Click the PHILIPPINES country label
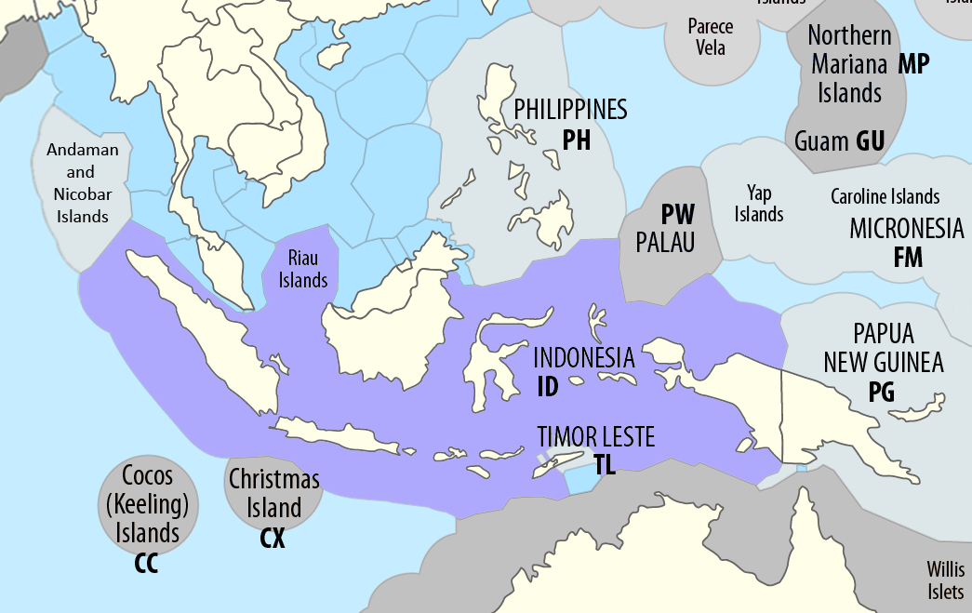[x=570, y=110]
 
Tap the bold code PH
[x=577, y=140]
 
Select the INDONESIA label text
[x=583, y=358]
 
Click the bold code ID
[x=548, y=386]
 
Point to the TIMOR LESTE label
[x=596, y=436]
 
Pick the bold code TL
[x=605, y=465]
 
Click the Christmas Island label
[x=274, y=494]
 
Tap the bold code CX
[x=272, y=539]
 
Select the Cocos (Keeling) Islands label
[x=148, y=504]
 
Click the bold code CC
[x=146, y=564]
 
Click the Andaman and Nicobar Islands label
[x=81, y=182]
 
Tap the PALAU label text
[x=666, y=242]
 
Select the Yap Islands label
[x=759, y=204]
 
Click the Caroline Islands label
[x=885, y=197]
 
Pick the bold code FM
[x=907, y=258]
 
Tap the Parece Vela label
[x=711, y=37]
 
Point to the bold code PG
[x=881, y=393]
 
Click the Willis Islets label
[x=946, y=580]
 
